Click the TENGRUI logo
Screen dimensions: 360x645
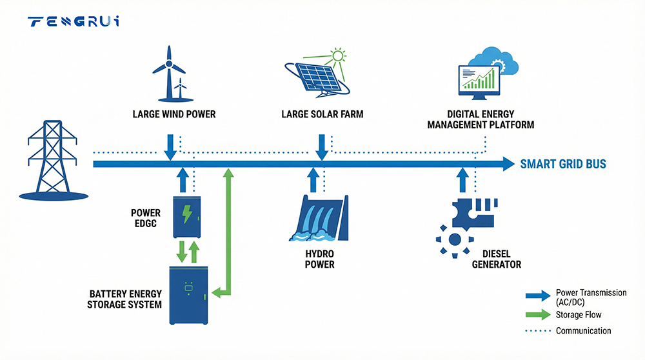pos(74,22)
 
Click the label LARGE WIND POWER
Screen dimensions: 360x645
pos(174,114)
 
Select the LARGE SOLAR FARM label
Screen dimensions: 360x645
pos(322,114)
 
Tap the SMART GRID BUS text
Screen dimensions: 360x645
pos(563,164)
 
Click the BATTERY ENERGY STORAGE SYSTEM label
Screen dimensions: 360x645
pos(124,299)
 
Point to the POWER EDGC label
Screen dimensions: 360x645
pos(146,219)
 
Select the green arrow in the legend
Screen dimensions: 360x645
pos(538,315)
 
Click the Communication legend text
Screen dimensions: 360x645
pos(583,331)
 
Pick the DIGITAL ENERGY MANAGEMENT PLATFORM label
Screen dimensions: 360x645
pos(481,119)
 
